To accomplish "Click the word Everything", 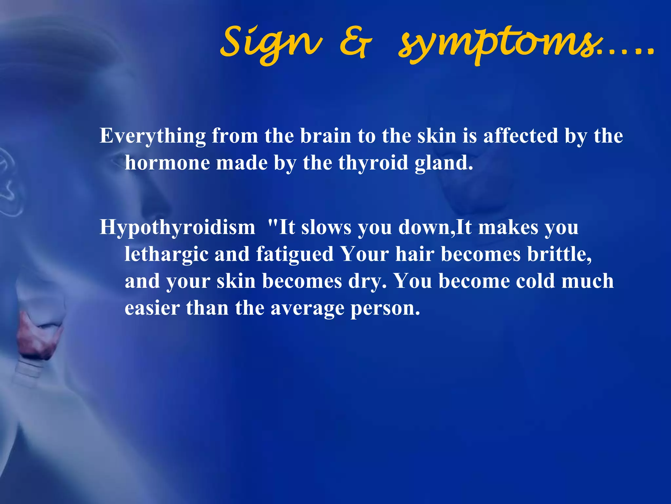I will [153, 136].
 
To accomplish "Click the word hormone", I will [167, 163].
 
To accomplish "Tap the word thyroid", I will [373, 163].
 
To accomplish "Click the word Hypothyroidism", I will [177, 227].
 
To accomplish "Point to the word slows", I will [326, 227].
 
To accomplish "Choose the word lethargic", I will [166, 255].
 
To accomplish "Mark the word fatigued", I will [295, 255].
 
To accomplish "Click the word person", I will [385, 308].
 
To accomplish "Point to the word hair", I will [415, 254].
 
